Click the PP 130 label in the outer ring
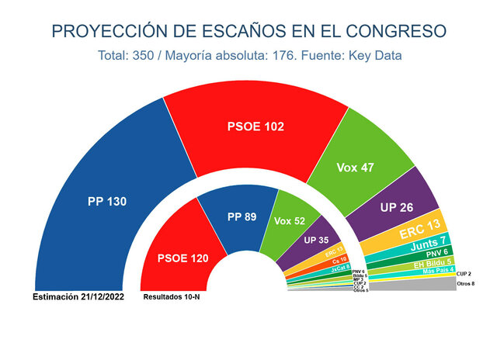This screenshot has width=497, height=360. point(107,201)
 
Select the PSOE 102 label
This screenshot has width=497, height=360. point(254,126)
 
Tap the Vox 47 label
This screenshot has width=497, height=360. point(355,167)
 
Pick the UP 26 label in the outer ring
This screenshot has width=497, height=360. point(398,208)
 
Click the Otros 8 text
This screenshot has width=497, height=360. point(466,284)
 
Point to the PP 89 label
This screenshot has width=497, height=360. point(242,216)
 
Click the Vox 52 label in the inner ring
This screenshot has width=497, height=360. point(290,221)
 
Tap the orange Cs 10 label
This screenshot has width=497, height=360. point(339,259)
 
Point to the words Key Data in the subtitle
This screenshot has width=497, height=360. point(372,57)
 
